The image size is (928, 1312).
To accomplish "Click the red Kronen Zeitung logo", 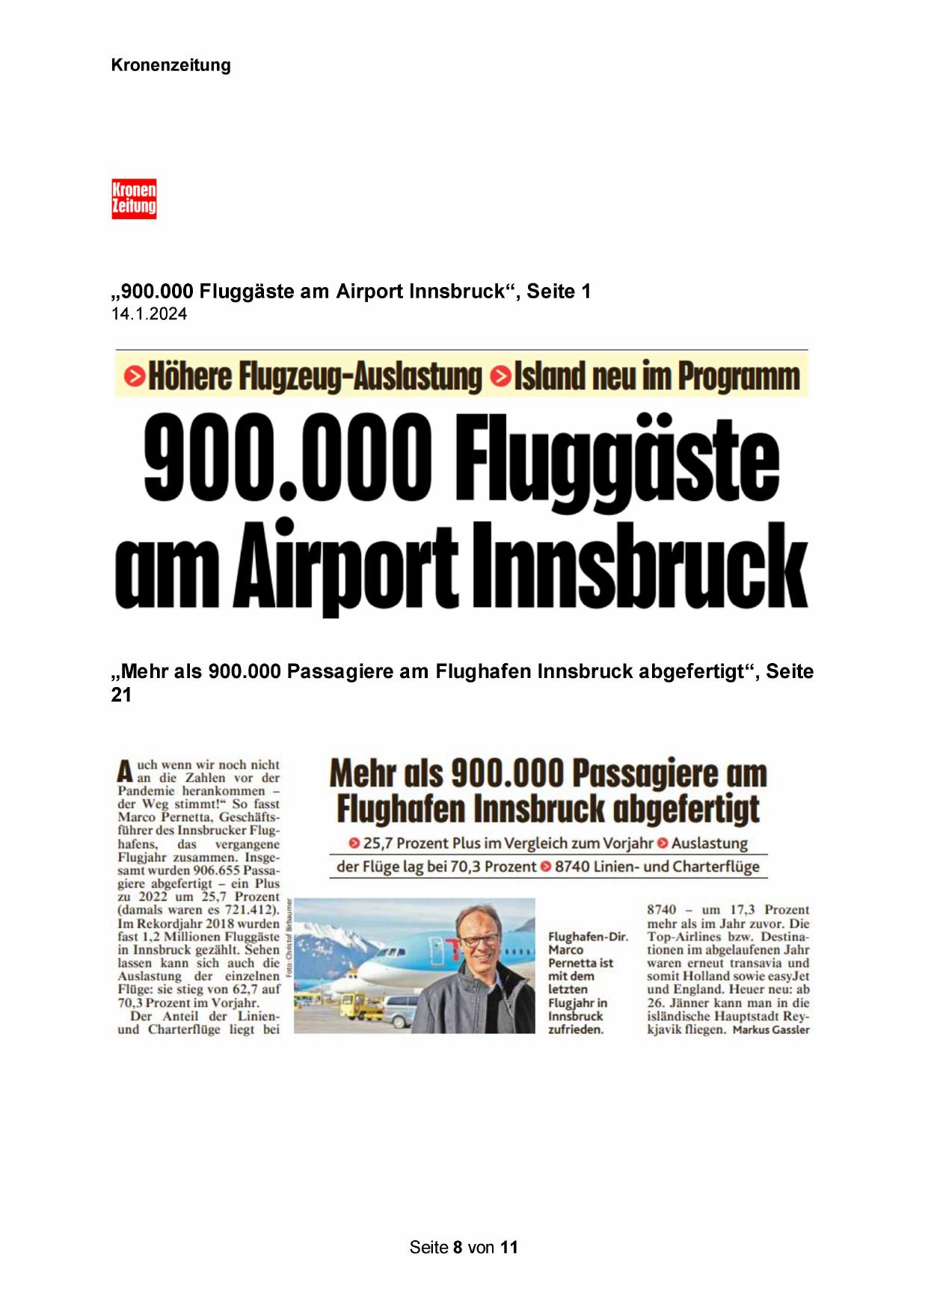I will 134,198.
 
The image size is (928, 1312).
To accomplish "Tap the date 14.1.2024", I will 149,314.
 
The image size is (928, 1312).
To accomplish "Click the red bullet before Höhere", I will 135,376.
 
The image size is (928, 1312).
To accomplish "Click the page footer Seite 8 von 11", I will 464,1247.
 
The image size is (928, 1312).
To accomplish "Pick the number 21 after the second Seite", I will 121,695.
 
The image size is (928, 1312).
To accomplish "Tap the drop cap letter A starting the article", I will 125,771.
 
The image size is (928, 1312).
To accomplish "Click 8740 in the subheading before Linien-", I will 572,867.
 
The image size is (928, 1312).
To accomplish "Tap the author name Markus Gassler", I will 771,1030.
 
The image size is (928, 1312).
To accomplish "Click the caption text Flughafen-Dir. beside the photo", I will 588,937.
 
